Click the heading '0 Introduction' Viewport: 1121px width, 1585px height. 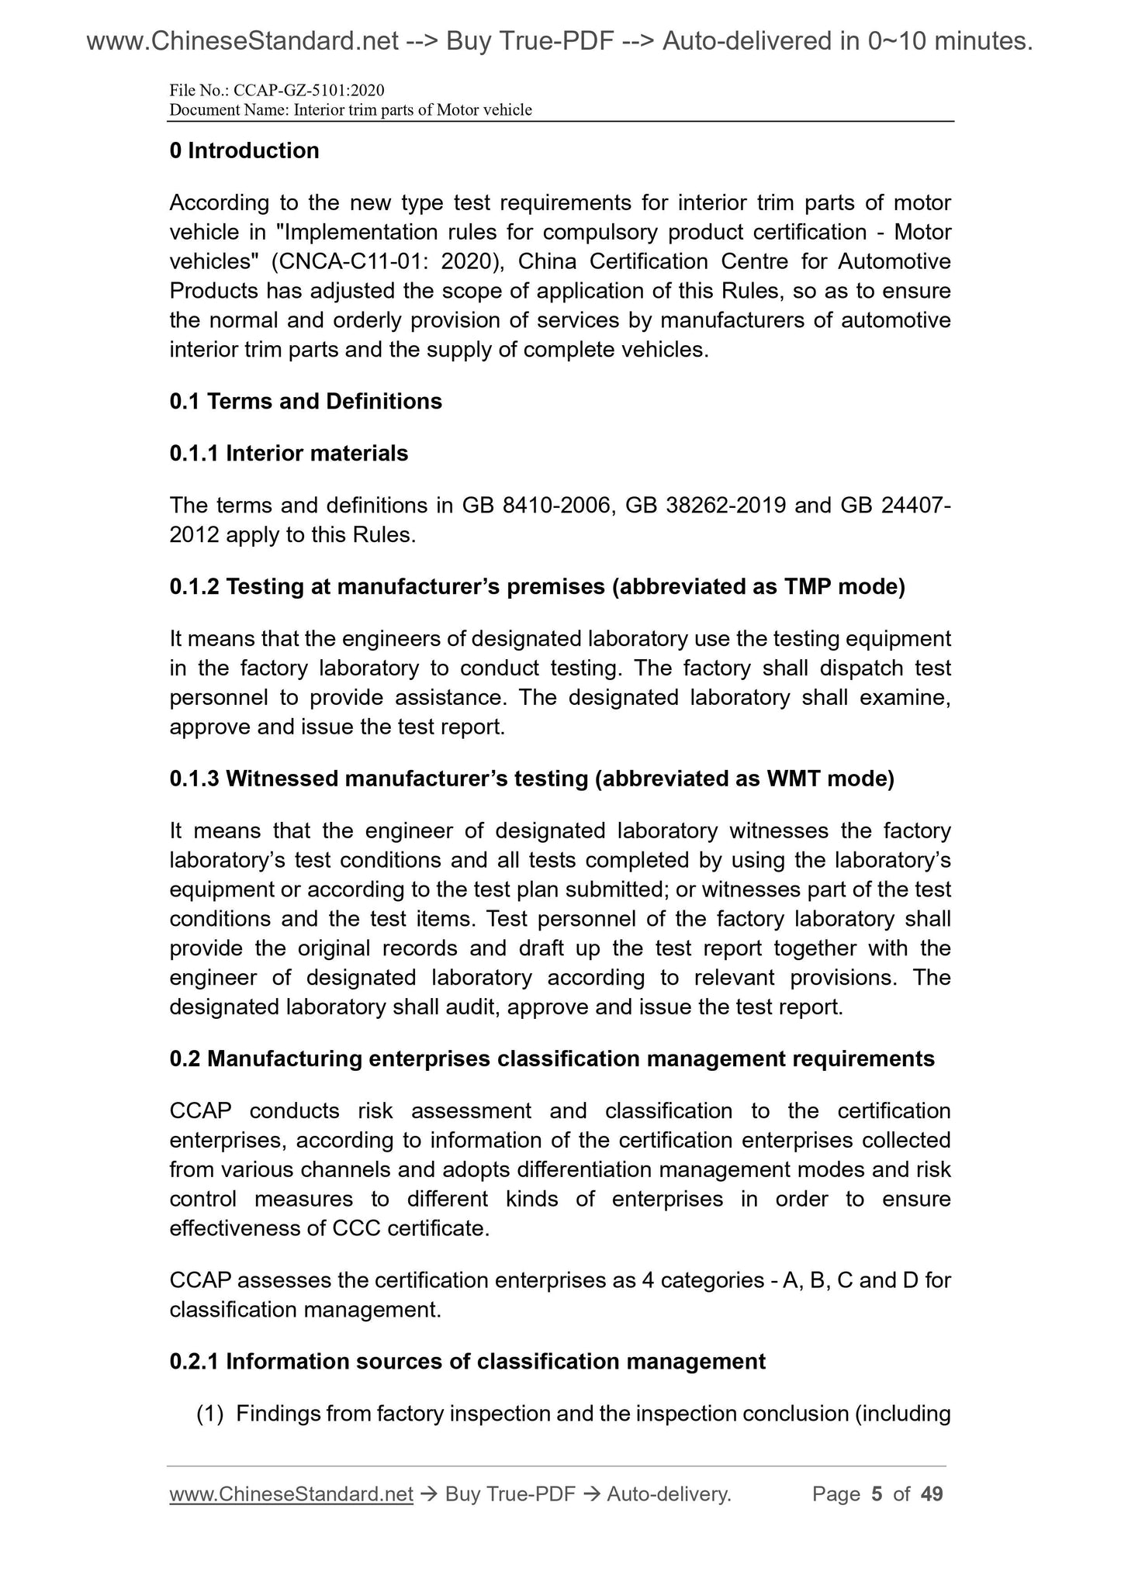[x=244, y=150]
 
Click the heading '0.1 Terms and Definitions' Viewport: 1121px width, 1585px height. [x=306, y=401]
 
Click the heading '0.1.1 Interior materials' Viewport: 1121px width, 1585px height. [x=289, y=453]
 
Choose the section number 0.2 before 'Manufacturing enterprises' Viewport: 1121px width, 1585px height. [x=185, y=1058]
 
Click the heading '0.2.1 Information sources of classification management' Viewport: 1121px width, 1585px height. [x=467, y=1362]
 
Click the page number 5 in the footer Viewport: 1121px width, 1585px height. [x=877, y=1493]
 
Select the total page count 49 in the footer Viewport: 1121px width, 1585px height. [x=931, y=1493]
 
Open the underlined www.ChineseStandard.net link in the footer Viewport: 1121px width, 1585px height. [x=291, y=1493]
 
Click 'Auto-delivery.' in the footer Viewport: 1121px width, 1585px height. [x=669, y=1493]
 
